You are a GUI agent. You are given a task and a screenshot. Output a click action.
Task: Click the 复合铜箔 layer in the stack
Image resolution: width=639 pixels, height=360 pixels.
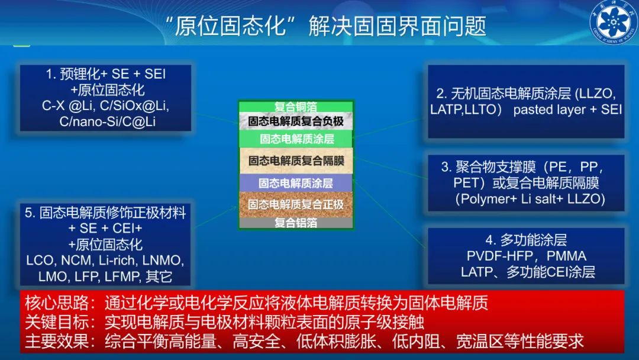[296, 107]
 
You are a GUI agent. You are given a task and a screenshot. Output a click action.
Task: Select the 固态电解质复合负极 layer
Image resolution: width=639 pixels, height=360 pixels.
[296, 121]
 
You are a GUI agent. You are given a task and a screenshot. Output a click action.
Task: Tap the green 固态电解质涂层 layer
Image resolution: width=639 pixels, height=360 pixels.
[296, 139]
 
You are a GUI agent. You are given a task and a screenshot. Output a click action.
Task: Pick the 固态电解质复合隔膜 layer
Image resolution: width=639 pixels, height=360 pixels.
[296, 160]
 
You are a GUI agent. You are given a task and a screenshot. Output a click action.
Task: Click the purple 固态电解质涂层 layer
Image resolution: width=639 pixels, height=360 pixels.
[296, 183]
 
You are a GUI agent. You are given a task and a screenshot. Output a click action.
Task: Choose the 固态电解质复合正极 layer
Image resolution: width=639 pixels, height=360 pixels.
[296, 205]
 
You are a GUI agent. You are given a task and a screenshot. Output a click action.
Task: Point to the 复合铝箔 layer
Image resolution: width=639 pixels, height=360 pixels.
[296, 223]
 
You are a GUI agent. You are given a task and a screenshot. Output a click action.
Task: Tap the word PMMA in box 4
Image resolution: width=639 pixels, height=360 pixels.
[566, 256]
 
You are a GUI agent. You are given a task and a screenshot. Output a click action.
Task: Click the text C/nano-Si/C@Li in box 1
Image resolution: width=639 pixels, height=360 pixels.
[107, 121]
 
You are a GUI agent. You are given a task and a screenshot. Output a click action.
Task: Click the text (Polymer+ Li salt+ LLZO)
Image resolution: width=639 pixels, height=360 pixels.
[530, 199]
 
